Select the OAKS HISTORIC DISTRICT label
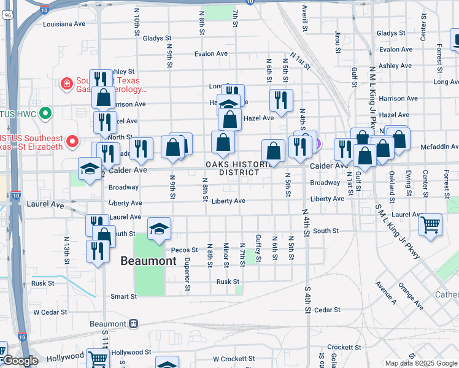tap(239, 169)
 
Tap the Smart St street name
tap(123, 296)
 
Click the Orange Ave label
tap(409, 295)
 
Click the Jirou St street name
tap(337, 42)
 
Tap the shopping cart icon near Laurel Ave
tap(431, 224)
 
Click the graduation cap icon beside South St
tap(159, 229)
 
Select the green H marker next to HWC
tap(44, 113)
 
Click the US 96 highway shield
tap(6, 17)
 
